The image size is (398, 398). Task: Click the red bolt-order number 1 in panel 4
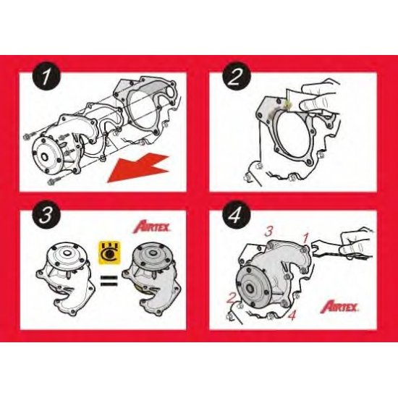[x=306, y=237]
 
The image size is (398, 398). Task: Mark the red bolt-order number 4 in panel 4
[x=291, y=316]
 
